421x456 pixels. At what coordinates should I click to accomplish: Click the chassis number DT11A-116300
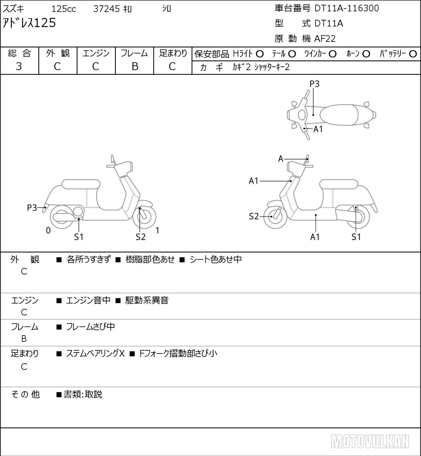click(347, 8)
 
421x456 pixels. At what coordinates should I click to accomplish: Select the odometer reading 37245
click(106, 9)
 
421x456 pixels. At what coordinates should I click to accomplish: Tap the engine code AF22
click(325, 39)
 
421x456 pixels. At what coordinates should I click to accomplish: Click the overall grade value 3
click(19, 66)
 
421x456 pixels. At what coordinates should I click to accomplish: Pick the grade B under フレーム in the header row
click(135, 66)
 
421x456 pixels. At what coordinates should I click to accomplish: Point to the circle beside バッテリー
click(413, 54)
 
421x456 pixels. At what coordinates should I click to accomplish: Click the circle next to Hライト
click(260, 54)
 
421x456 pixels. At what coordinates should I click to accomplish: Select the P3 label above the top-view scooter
click(314, 84)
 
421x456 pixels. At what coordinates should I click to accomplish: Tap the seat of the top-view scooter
click(339, 115)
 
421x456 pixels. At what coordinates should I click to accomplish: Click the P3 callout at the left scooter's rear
click(32, 208)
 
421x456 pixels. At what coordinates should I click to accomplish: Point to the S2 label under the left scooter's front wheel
click(141, 237)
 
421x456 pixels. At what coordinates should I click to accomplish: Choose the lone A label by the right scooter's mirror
click(281, 159)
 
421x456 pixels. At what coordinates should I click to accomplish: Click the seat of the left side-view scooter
click(81, 184)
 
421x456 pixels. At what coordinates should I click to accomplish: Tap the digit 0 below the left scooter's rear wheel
click(48, 230)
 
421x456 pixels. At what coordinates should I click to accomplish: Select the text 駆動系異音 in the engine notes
click(147, 300)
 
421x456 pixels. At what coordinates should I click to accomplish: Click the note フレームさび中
click(90, 326)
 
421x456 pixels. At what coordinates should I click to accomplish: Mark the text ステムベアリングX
click(95, 353)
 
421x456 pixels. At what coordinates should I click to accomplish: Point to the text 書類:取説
click(83, 394)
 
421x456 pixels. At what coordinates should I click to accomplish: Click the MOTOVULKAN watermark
click(370, 441)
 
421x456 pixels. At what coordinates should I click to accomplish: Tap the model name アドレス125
click(29, 23)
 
